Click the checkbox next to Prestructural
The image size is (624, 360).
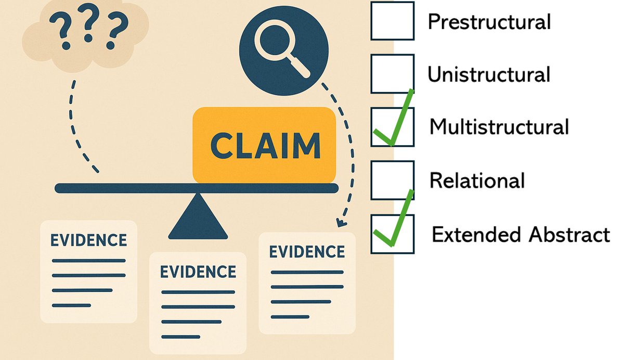click(x=392, y=21)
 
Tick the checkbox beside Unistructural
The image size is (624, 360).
click(x=392, y=74)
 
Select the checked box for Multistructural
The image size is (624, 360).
click(x=392, y=127)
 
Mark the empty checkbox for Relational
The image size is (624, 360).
click(x=392, y=180)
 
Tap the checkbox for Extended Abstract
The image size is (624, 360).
click(x=392, y=234)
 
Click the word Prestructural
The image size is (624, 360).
click(x=488, y=22)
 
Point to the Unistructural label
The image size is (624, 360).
click(x=488, y=75)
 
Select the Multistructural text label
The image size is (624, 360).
click(x=499, y=127)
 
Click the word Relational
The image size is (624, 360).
click(x=477, y=181)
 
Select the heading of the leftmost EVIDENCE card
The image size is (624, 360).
click(x=88, y=240)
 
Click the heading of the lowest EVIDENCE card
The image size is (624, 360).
click(x=198, y=272)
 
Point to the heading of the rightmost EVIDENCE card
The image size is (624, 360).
click(x=307, y=252)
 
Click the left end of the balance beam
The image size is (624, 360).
click(x=60, y=188)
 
